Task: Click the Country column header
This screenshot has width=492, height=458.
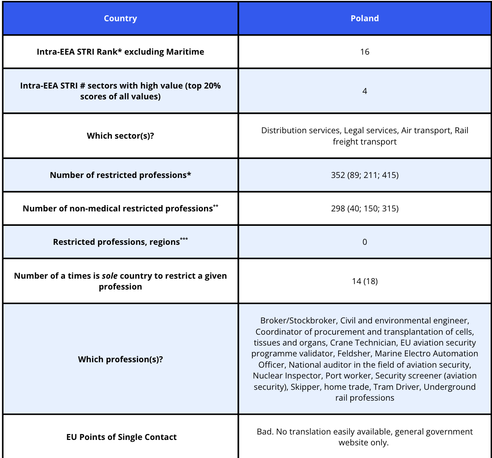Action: [120, 19]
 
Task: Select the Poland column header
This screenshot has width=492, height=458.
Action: [365, 19]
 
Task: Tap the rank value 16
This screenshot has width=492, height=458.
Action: [365, 52]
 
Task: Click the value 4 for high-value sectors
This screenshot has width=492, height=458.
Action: [365, 91]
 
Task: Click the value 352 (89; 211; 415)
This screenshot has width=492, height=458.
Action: [365, 175]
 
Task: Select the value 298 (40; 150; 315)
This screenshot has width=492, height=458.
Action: [365, 208]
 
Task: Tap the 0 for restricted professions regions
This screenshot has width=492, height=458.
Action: [365, 242]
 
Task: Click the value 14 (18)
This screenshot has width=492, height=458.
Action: [365, 281]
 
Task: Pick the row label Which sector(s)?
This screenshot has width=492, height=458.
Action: [120, 136]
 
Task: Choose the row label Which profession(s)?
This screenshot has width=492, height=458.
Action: [120, 360]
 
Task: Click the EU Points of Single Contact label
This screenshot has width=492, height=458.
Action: [121, 437]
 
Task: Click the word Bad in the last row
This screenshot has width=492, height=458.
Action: [265, 432]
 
